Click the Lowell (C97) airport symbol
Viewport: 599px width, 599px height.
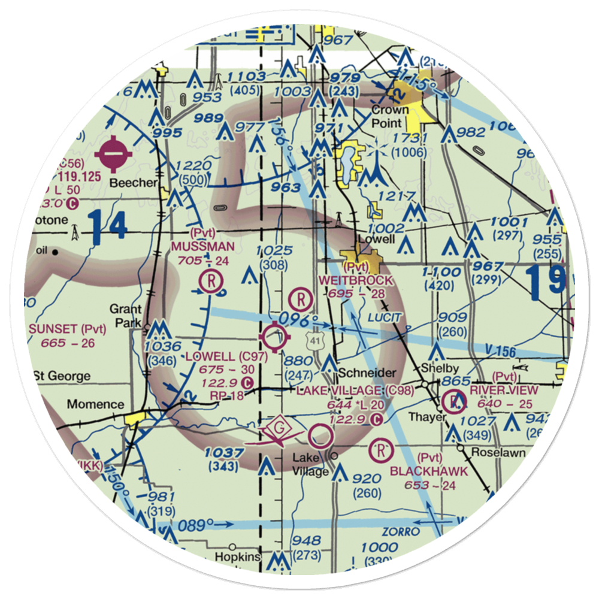pyautogui.click(x=276, y=338)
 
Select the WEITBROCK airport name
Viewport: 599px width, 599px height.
pyautogui.click(x=356, y=280)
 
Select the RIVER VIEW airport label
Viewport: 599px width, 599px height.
pyautogui.click(x=503, y=390)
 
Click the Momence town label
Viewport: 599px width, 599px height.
pyautogui.click(x=95, y=404)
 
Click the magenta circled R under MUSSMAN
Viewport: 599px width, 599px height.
pyautogui.click(x=211, y=280)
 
